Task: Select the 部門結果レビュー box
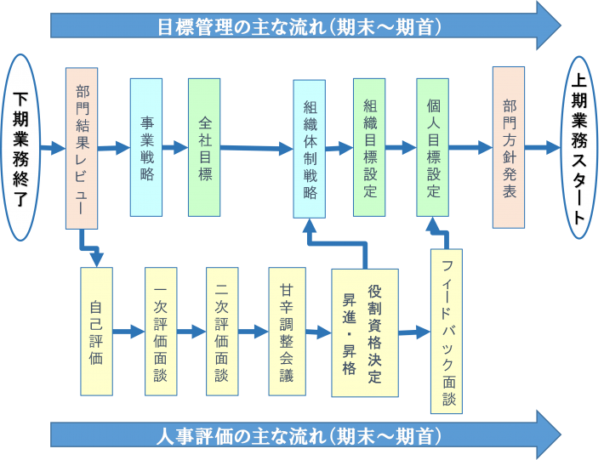tap(82, 149)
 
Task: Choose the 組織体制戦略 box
tap(310, 149)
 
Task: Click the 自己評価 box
tap(96, 331)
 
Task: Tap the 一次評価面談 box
tap(161, 331)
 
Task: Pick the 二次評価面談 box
tap(223, 331)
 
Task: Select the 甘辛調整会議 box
tap(286, 331)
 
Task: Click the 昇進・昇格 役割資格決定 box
tap(364, 332)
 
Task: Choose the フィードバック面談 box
tap(447, 332)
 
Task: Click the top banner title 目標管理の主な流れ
tap(298, 26)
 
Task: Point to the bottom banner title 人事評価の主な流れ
tap(298, 437)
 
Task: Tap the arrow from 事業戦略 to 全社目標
tap(175, 147)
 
